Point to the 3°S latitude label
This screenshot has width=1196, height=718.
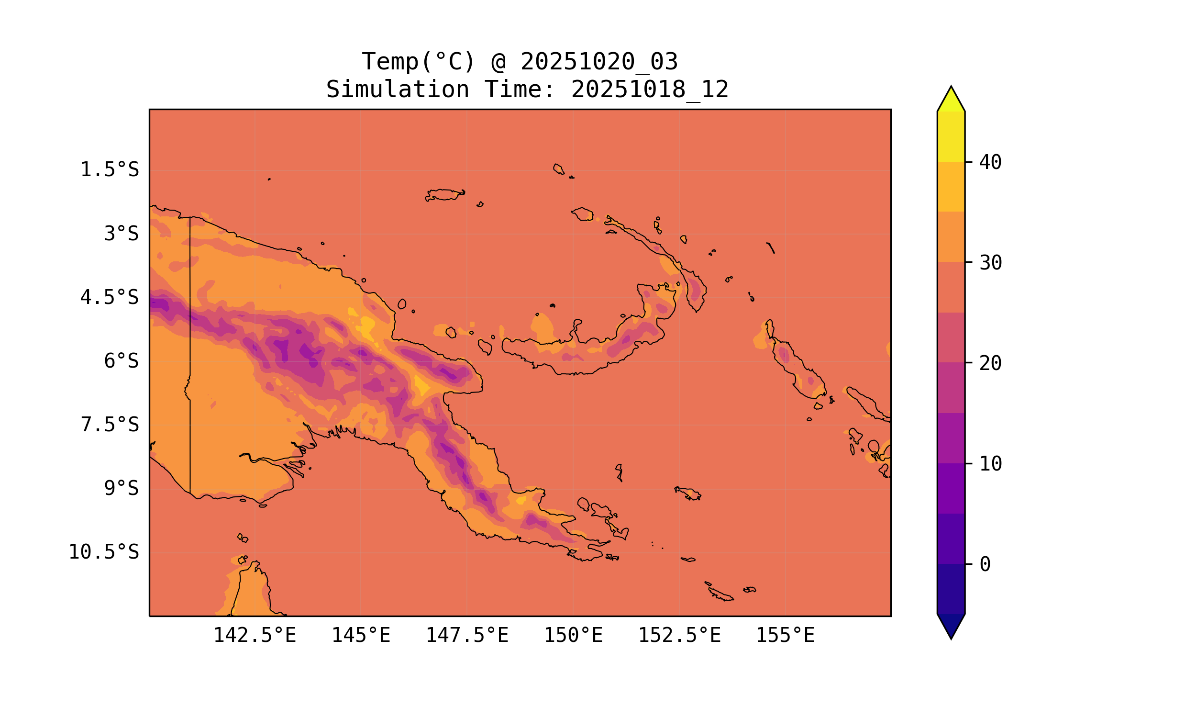pyautogui.click(x=122, y=234)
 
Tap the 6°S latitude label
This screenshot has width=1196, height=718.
pyautogui.click(x=122, y=361)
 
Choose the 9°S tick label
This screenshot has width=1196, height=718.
pyautogui.click(x=122, y=489)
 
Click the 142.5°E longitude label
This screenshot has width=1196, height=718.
pyautogui.click(x=255, y=635)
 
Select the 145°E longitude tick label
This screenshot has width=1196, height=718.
pyautogui.click(x=361, y=635)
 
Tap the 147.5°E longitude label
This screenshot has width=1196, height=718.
pyautogui.click(x=467, y=635)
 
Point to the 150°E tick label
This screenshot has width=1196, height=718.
pyautogui.click(x=573, y=635)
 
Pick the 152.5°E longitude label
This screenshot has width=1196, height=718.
pyautogui.click(x=679, y=635)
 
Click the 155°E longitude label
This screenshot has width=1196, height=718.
pyautogui.click(x=785, y=635)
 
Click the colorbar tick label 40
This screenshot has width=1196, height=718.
pyautogui.click(x=991, y=162)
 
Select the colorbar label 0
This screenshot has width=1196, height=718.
pyautogui.click(x=985, y=564)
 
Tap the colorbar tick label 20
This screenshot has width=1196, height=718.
pyautogui.click(x=991, y=363)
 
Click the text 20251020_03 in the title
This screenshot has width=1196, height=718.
pyautogui.click(x=599, y=62)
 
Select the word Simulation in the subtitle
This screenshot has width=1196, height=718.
pyautogui.click(x=398, y=90)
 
